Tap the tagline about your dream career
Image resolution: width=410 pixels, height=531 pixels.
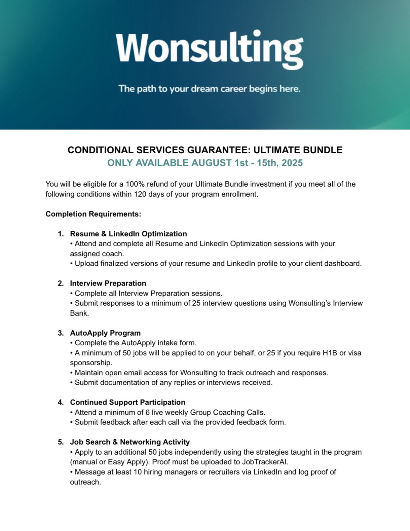[x=209, y=89]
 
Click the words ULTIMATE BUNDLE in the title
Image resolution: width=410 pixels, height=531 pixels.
[x=298, y=150]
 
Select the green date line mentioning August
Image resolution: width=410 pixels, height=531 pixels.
[x=205, y=163]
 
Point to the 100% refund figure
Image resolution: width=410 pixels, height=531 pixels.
[x=135, y=184]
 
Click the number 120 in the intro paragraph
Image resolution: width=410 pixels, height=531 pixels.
[x=140, y=194]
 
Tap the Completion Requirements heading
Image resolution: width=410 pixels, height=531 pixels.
[x=93, y=214]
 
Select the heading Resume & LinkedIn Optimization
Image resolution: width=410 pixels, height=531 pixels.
[x=128, y=234]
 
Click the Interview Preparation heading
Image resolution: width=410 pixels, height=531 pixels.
[x=108, y=283]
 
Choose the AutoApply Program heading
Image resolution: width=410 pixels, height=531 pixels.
[x=105, y=333]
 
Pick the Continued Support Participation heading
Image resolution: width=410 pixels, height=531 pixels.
[x=127, y=402]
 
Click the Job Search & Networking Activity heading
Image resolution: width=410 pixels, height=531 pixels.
[x=129, y=442]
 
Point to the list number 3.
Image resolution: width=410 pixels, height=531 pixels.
[x=61, y=333]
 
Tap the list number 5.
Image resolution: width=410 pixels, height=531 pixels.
[x=61, y=442]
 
